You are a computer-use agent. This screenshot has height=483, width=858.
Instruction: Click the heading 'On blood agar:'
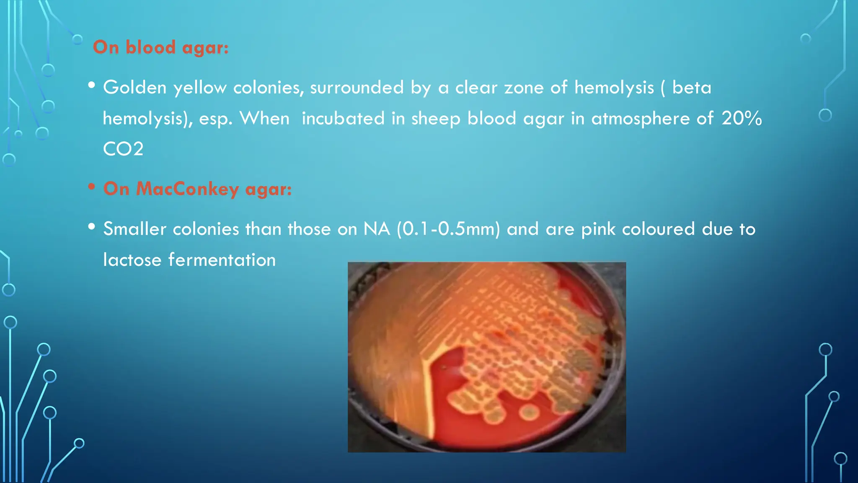pos(161,47)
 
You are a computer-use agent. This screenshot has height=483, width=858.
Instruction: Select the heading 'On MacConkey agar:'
pos(197,189)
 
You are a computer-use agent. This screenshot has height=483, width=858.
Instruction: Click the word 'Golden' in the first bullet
pos(135,87)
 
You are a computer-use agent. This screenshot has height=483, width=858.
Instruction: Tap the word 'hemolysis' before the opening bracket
pos(614,87)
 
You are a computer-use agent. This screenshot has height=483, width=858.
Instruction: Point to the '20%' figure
pos(741,118)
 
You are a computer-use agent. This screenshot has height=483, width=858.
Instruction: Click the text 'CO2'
pos(123,149)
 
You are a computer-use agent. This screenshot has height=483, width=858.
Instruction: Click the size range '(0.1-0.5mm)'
pos(448,229)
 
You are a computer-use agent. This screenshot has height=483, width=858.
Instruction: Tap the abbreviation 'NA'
pos(377,229)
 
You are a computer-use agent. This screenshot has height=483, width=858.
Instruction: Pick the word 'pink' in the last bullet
pos(598,229)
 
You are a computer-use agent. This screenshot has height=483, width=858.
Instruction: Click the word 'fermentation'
pos(222,260)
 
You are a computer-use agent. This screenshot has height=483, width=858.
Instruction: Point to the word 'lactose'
pos(132,260)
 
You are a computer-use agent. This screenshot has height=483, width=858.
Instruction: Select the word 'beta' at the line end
pos(692,87)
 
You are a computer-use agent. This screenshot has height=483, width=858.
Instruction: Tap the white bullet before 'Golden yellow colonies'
pos(92,85)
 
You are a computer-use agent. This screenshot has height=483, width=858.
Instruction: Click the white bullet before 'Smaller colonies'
pos(92,227)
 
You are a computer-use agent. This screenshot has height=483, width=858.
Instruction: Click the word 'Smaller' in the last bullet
pos(134,229)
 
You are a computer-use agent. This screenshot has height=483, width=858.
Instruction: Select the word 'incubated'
pos(343,118)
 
